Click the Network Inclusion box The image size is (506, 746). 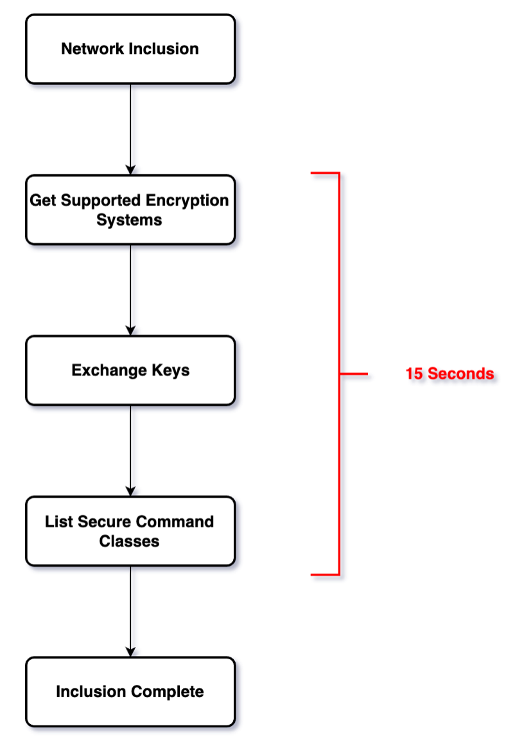coord(130,50)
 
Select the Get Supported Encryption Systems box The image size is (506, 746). coord(130,210)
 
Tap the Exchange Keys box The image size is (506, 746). coord(130,370)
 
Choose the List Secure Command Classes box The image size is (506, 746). coord(130,531)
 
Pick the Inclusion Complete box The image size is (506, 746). coord(130,692)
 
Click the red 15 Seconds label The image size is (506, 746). coord(449,374)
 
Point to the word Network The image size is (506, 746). coord(88,49)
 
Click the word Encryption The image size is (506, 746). coord(187,200)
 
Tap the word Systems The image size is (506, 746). coord(129,220)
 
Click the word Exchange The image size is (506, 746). coord(109,370)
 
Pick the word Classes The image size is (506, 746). coord(129,541)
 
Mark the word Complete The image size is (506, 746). coord(168,692)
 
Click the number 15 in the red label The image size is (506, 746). coord(414,374)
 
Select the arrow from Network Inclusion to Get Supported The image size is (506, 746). coord(130,129)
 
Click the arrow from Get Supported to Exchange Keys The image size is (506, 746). coord(130,289)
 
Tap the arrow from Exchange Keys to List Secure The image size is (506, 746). coord(130,450)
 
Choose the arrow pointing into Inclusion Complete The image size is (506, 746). coord(130,611)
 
